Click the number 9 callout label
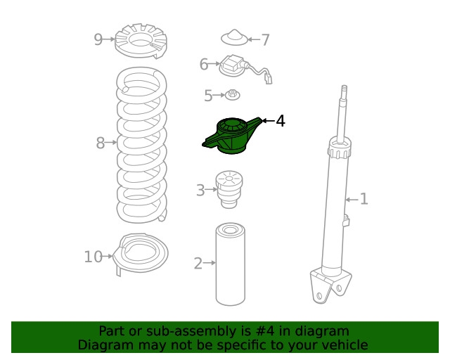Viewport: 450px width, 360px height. [x=98, y=39]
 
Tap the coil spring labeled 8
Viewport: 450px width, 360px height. [x=141, y=144]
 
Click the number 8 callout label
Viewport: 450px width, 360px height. [x=101, y=143]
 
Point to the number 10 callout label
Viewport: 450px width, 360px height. [x=93, y=257]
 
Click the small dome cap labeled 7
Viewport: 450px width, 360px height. [x=236, y=37]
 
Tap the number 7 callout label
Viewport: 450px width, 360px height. [x=265, y=40]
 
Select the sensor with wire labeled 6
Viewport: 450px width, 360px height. [x=236, y=66]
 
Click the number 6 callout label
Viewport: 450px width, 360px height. [x=204, y=65]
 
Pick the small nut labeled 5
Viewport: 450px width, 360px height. [x=231, y=94]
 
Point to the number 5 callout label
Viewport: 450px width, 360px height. [x=208, y=95]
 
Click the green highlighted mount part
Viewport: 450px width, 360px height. [x=232, y=136]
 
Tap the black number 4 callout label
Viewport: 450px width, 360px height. [x=281, y=121]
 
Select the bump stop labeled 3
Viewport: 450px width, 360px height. [x=229, y=188]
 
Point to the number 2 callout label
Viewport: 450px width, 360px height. [x=198, y=264]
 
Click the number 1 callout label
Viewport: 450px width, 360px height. [x=364, y=199]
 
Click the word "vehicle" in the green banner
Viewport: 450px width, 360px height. [x=343, y=345]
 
